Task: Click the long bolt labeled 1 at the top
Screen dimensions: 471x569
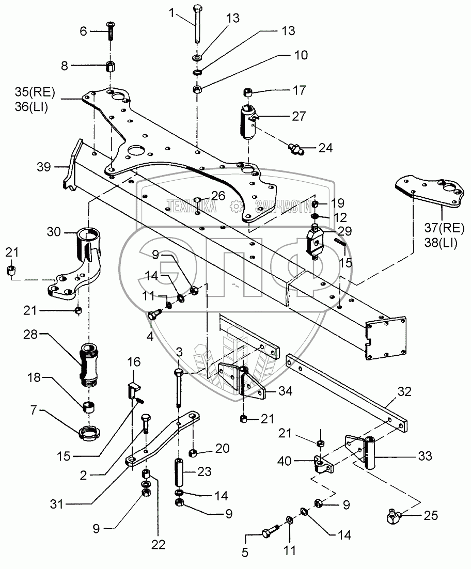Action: [x=197, y=25]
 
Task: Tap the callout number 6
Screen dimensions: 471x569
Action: [x=84, y=31]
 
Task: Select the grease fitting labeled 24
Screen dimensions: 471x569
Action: [x=295, y=148]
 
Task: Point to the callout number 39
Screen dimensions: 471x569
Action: [x=44, y=167]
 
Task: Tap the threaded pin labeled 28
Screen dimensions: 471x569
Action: [x=87, y=363]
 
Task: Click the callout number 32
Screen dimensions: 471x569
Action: [x=404, y=391]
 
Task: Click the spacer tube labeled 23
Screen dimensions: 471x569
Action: [x=179, y=472]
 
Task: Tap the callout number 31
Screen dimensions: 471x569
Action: [x=57, y=504]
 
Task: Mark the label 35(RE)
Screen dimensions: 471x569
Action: [x=35, y=92]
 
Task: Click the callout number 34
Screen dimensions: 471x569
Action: [x=285, y=391]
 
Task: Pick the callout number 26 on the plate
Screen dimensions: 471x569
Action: [x=218, y=196]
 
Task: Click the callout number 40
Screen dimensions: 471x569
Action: [x=285, y=461]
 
